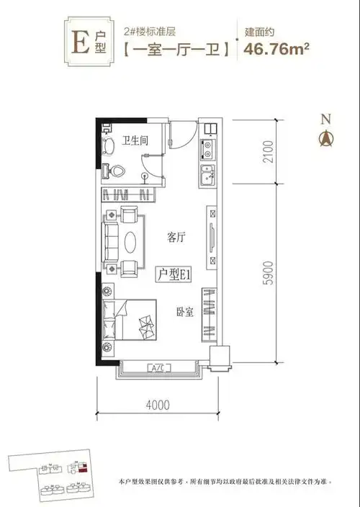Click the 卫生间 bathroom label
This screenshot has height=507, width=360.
tap(135, 140)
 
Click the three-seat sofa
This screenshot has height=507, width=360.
tap(112, 241)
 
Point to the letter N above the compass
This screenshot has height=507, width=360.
tap(325, 119)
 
